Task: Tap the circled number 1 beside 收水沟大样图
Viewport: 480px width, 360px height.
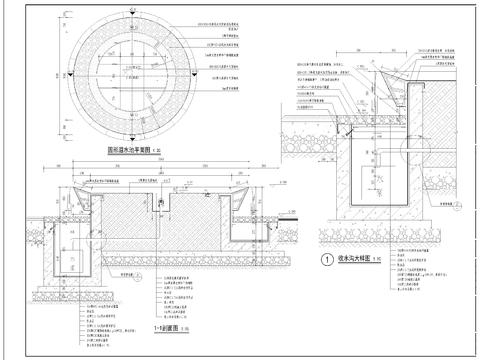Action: [325, 256]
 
